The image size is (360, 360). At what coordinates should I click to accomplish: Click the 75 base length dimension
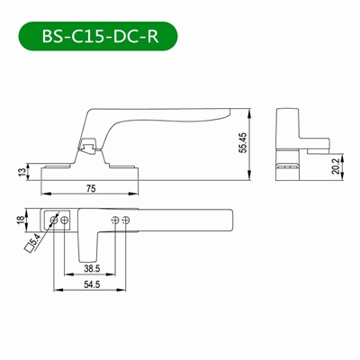92,188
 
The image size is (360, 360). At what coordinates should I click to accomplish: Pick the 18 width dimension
21,220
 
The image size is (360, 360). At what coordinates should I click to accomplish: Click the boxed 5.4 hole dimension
33,243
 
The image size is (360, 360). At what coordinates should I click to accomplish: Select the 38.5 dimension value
91,268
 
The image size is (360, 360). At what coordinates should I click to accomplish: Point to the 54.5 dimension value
92,283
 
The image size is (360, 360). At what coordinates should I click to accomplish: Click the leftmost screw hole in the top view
56,220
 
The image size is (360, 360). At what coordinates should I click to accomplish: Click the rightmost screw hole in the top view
126,220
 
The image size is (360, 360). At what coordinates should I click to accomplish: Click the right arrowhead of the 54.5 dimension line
125,291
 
